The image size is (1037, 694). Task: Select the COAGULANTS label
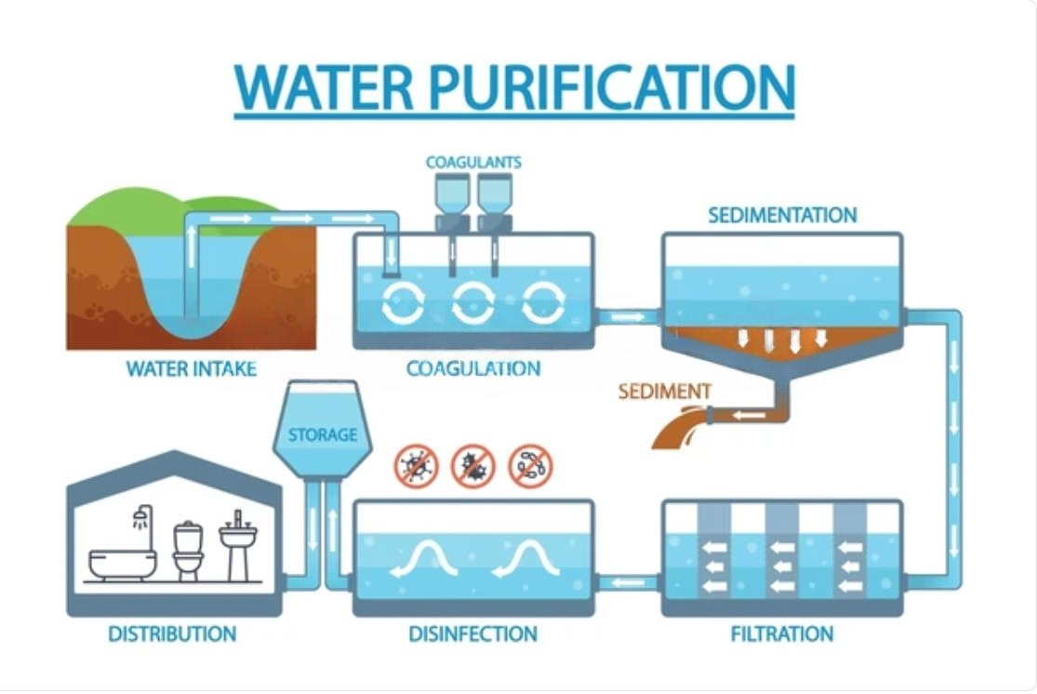(473, 162)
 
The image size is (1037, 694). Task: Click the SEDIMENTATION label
(782, 216)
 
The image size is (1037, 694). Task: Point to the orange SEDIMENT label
(664, 392)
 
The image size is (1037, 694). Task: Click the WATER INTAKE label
(191, 369)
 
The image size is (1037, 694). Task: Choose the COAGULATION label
(473, 369)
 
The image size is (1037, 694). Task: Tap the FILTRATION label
(782, 634)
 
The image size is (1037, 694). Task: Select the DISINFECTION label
(473, 634)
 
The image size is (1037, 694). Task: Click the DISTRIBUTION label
(172, 634)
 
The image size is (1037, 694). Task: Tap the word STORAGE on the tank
(323, 434)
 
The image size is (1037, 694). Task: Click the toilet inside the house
(188, 551)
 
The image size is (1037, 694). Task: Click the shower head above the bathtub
(141, 514)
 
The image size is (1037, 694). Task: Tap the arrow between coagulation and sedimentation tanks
(628, 317)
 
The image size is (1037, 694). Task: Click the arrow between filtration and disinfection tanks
(630, 583)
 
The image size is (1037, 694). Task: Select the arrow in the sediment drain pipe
(741, 415)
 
